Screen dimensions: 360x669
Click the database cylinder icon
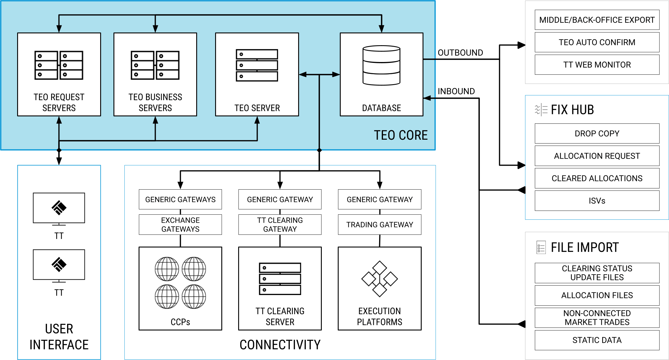[381, 65]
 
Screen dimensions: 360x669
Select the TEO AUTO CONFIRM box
[597, 42]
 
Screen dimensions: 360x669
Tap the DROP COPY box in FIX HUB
[597, 133]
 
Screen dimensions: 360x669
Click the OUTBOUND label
[460, 53]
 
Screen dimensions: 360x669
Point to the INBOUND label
[456, 91]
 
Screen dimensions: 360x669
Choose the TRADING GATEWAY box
[379, 225]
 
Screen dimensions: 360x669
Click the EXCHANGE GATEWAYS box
[180, 225]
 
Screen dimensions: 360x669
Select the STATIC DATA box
[597, 340]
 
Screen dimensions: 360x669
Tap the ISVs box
[597, 201]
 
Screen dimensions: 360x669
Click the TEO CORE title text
[401, 135]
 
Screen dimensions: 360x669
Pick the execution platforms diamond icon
[379, 279]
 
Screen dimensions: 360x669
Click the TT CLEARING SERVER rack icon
[280, 279]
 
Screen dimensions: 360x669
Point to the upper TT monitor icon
[59, 208]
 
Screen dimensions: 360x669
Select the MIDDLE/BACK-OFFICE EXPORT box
[597, 20]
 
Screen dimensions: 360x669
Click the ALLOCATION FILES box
[597, 295]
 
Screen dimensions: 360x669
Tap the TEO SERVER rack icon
[257, 65]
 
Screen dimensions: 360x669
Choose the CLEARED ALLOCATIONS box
[597, 178]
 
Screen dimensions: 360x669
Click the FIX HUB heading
[572, 110]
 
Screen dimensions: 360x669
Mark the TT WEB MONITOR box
[597, 65]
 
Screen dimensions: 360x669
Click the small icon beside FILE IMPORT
[541, 247]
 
